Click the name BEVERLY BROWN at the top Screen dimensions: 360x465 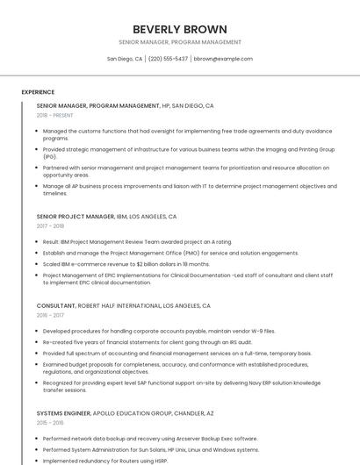(180, 29)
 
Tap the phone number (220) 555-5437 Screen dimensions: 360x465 (168, 59)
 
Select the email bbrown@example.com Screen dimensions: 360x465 (223, 59)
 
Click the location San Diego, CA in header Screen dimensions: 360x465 (125, 59)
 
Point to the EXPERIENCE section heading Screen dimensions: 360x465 (38, 92)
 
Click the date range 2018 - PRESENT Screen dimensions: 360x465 (55, 115)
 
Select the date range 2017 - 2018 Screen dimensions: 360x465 (50, 226)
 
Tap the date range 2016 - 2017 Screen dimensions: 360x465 (50, 315)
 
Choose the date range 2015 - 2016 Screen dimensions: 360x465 (50, 422)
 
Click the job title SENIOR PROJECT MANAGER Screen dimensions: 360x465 (76, 216)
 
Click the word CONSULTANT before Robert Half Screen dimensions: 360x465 (56, 305)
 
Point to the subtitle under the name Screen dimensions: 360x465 (180, 42)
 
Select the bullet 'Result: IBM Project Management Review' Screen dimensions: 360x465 (137, 241)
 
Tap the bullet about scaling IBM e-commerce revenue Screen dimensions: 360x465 (126, 264)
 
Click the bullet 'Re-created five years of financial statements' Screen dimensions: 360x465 (147, 342)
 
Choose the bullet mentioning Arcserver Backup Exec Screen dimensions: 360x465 (149, 438)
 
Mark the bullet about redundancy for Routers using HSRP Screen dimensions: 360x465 (104, 461)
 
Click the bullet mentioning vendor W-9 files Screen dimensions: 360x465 (158, 331)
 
